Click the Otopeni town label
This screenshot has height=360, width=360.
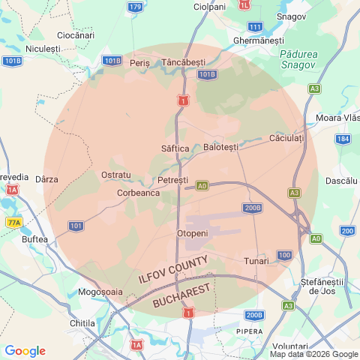(x=191, y=234)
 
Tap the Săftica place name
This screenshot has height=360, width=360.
(x=175, y=148)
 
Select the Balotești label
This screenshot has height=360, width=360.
(x=220, y=146)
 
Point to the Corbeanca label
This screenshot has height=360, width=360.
(x=138, y=193)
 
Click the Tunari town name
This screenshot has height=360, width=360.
(x=256, y=261)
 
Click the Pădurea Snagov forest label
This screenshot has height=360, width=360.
(x=299, y=60)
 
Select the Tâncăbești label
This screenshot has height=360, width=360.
(x=184, y=61)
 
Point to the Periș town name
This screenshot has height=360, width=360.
(x=140, y=63)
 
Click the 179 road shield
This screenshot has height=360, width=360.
(x=134, y=7)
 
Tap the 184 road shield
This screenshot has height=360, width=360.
(x=343, y=139)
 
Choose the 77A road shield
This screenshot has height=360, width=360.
(x=13, y=223)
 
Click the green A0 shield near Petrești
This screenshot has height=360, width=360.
(x=202, y=185)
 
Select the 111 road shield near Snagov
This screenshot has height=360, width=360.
(x=255, y=27)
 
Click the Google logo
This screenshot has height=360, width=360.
(x=25, y=351)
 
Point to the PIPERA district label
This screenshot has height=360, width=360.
(x=250, y=331)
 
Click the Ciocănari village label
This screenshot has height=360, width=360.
(x=76, y=35)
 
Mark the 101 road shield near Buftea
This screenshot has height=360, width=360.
(x=76, y=225)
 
